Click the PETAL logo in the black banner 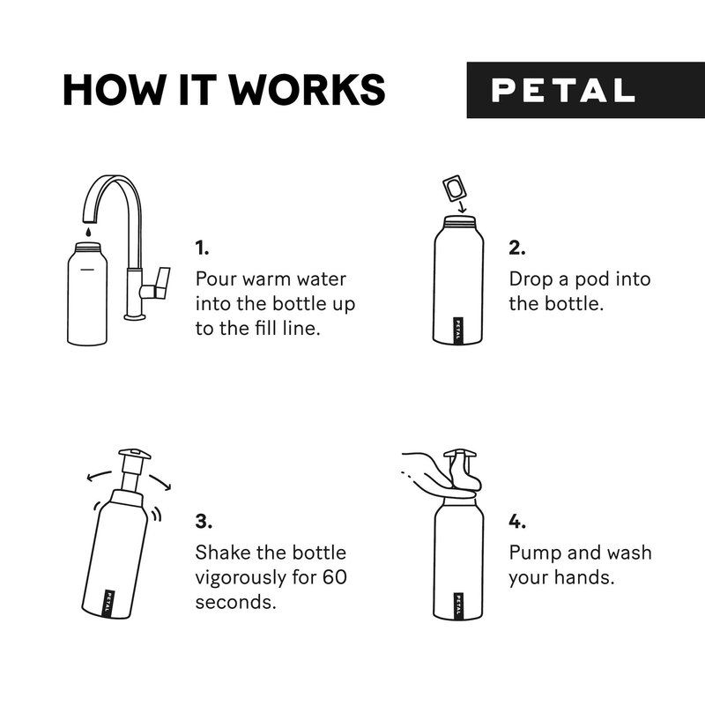[x=563, y=91]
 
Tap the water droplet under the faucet [x=89, y=232]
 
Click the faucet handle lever [x=162, y=282]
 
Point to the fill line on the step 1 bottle [x=86, y=270]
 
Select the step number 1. [x=202, y=248]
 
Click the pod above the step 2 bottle [x=454, y=188]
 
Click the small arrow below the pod [x=462, y=206]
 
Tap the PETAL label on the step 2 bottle [x=457, y=330]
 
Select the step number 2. [x=517, y=248]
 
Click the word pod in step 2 [x=592, y=280]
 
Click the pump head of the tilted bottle [x=135, y=454]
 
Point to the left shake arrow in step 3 [x=99, y=476]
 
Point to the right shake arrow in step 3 [x=161, y=481]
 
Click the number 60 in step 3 [x=335, y=577]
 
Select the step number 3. [x=204, y=522]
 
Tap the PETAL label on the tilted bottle [x=108, y=603]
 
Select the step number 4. [x=517, y=522]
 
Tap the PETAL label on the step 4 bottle [x=457, y=605]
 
